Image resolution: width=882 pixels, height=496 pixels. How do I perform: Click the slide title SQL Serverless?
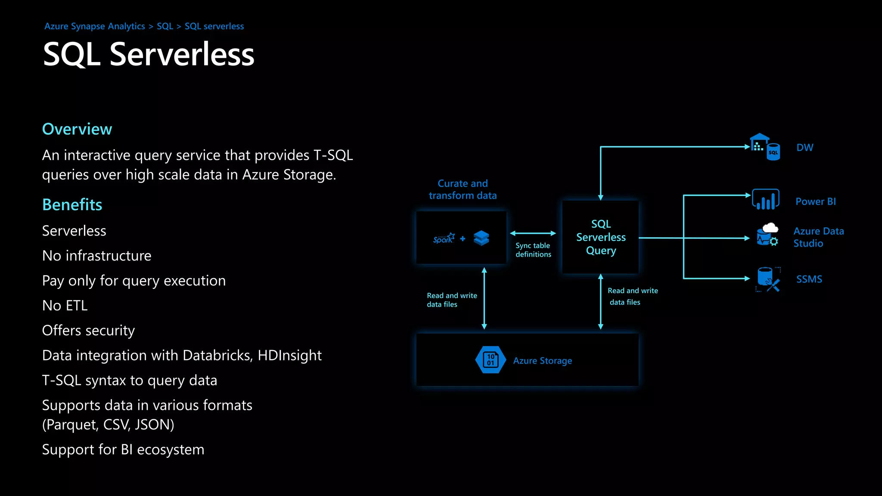tap(149, 55)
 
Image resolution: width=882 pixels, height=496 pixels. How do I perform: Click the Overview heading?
tap(77, 129)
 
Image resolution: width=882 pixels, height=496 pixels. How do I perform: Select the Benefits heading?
tap(72, 205)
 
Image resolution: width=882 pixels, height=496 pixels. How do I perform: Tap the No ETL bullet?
tap(65, 306)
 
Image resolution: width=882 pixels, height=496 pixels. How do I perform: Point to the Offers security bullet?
tap(89, 331)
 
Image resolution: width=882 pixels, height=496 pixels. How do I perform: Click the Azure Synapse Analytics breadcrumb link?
tap(95, 26)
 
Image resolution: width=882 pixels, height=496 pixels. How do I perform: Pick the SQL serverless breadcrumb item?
tap(214, 26)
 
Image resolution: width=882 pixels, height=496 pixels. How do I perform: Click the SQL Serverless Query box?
tap(601, 237)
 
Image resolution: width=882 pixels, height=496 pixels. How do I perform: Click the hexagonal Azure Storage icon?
tap(491, 360)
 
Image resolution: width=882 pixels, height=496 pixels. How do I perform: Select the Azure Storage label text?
tap(543, 361)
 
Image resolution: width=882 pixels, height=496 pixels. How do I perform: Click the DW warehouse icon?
tap(765, 147)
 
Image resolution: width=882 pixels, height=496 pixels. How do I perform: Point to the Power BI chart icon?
tap(766, 200)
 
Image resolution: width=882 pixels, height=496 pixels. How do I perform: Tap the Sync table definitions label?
tap(533, 250)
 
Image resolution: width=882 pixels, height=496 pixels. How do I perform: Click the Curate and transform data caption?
tap(463, 189)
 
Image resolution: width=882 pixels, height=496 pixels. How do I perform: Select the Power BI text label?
tap(816, 201)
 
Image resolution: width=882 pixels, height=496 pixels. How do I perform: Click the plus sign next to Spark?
tap(463, 239)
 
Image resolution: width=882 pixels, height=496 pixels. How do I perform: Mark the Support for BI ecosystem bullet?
tap(123, 450)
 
